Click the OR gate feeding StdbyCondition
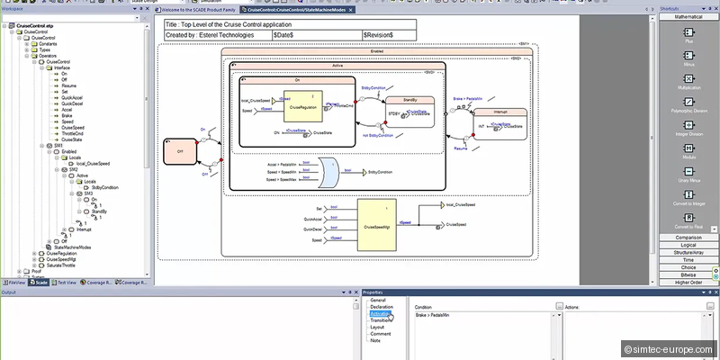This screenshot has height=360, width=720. [x=331, y=171]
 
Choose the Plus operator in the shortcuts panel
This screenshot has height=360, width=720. [x=688, y=40]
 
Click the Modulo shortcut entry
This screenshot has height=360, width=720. [x=688, y=157]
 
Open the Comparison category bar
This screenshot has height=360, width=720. [x=688, y=237]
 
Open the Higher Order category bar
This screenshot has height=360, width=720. [x=688, y=282]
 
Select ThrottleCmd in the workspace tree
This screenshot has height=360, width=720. [x=73, y=133]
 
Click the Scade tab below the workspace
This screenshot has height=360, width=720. [x=40, y=283]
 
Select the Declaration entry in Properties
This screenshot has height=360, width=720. [x=382, y=307]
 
